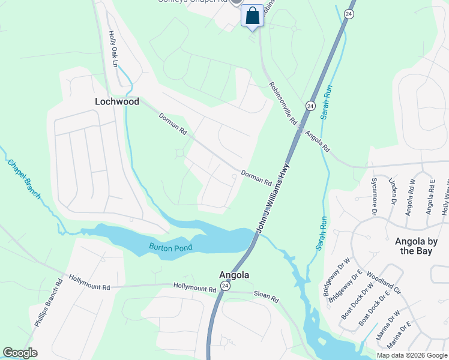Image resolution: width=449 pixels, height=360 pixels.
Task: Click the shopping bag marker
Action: coord(253,16)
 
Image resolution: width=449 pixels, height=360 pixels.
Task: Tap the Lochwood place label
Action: coord(117,101)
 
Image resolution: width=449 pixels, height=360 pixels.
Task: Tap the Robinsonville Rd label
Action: coord(284,103)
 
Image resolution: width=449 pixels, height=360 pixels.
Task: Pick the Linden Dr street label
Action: coord(394,191)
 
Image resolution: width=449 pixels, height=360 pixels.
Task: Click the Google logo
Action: coord(20,353)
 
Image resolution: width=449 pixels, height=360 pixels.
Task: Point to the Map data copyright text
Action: coord(411,355)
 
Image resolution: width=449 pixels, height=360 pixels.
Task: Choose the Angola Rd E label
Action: coord(429,196)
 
